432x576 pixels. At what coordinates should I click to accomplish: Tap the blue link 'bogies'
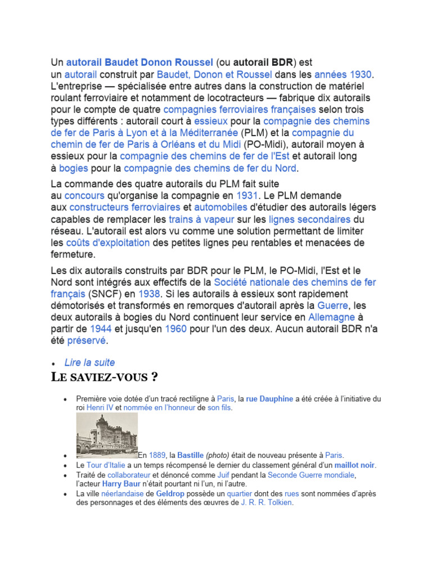point(74,168)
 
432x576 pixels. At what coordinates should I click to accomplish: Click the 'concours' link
point(84,196)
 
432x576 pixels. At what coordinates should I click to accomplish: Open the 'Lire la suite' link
point(89,363)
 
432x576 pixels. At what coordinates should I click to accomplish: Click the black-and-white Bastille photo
point(107,435)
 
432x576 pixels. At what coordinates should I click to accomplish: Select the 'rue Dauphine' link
point(269,399)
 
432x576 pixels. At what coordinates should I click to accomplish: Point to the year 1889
point(157,455)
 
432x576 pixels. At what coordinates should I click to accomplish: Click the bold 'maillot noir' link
point(354,465)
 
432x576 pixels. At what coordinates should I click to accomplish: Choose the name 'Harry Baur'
point(120,483)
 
